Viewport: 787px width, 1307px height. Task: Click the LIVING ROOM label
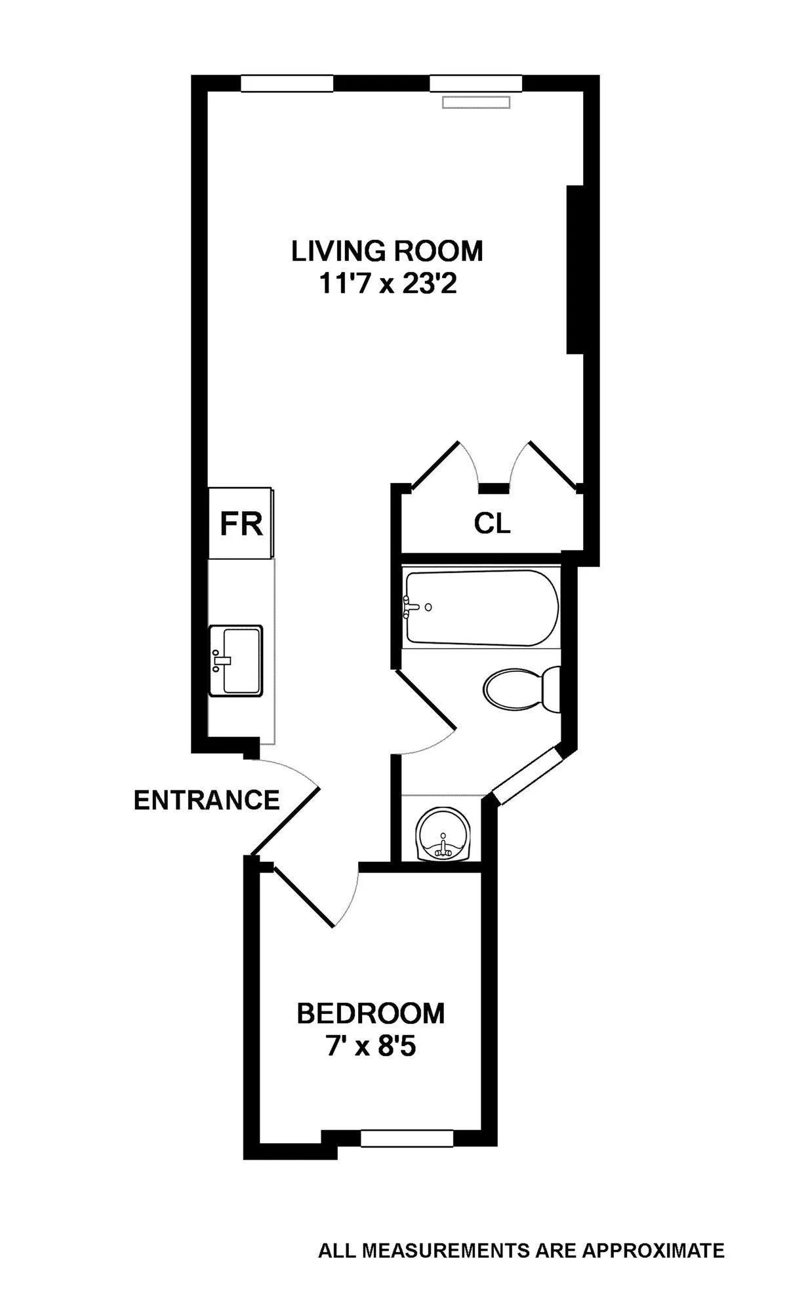coord(387,251)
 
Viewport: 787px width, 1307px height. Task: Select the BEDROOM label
coord(371,1013)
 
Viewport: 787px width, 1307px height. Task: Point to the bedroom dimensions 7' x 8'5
coord(371,1047)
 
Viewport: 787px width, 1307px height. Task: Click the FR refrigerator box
coord(241,524)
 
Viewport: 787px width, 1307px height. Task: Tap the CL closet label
coord(492,524)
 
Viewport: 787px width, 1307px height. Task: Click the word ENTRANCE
coord(207,800)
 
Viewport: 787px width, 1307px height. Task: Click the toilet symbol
coord(521,690)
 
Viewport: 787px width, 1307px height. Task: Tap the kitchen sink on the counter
coord(235,661)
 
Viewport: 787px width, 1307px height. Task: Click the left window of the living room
coord(287,83)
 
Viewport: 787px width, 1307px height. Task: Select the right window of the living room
coord(475,83)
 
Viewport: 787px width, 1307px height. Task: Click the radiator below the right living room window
coord(475,102)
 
